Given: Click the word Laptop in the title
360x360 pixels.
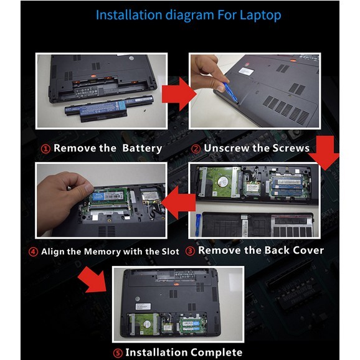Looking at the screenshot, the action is [260, 15].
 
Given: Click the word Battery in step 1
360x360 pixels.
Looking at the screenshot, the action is [142, 148].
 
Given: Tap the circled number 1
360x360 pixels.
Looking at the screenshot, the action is [45, 149].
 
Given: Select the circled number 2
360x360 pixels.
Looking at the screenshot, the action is [196, 149].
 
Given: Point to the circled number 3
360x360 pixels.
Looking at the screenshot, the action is [190, 251].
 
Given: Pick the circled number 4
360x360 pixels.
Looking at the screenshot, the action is [33, 252].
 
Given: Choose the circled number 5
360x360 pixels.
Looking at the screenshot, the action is [118, 353].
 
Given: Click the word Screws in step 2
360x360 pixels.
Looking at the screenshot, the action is [291, 148].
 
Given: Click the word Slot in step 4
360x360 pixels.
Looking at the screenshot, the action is [171, 252].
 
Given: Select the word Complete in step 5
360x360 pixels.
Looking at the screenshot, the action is [216, 352].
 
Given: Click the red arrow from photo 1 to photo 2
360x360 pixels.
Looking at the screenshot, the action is [179, 94].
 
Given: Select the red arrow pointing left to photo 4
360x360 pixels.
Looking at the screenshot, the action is [179, 202].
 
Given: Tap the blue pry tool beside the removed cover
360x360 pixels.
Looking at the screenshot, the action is [198, 225].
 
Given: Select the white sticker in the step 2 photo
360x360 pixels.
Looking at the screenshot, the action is [246, 70].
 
